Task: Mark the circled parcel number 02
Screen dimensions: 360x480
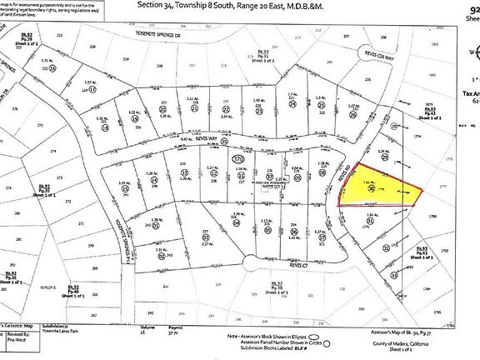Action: pyautogui.click(x=161, y=257)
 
